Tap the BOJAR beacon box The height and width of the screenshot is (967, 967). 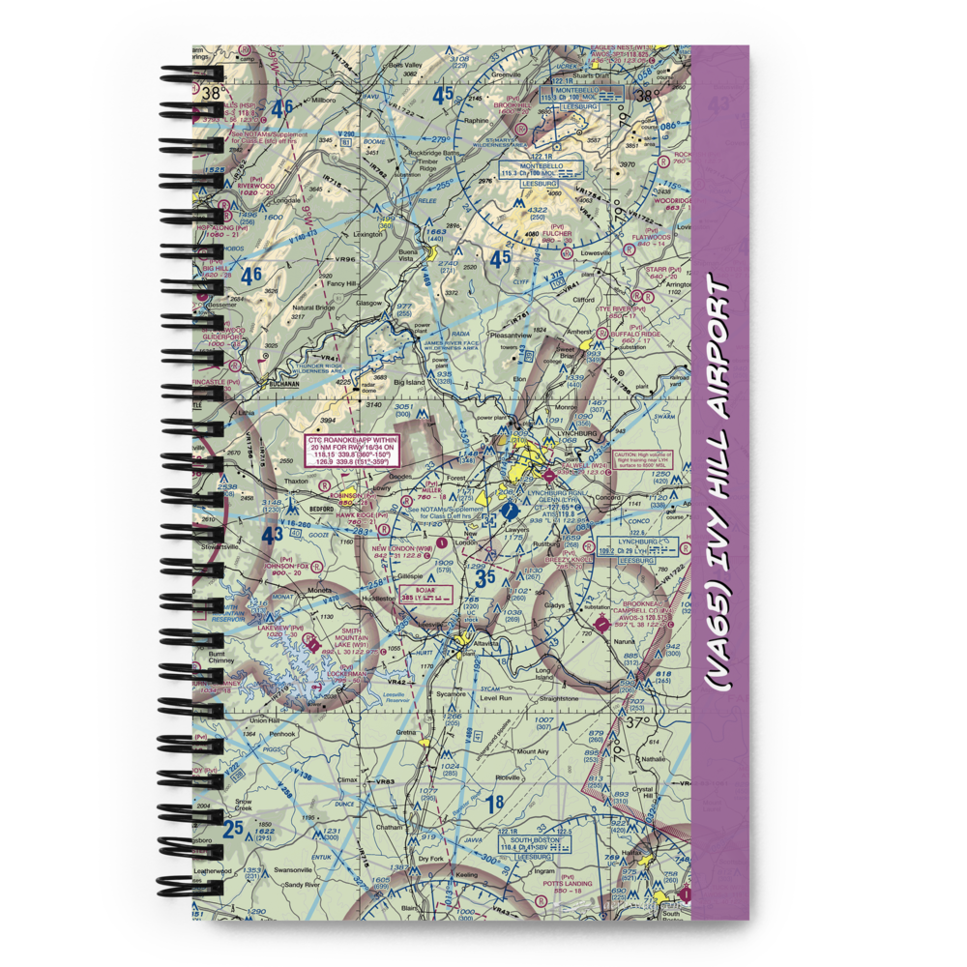tap(426, 593)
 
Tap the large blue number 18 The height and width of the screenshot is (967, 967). tap(494, 803)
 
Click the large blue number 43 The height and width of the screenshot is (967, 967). tap(274, 534)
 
